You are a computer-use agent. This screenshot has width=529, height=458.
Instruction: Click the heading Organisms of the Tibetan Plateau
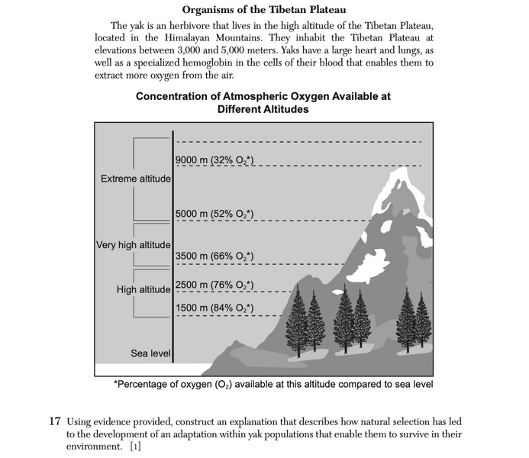[x=264, y=10]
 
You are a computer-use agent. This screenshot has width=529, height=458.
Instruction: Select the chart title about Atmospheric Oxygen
[x=263, y=103]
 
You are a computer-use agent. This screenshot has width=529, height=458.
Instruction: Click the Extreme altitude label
[x=136, y=179]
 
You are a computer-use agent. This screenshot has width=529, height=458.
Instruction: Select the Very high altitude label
[x=134, y=245]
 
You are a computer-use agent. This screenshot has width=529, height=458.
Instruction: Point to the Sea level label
[x=150, y=353]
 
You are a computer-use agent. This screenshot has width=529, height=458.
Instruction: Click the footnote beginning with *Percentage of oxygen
[x=273, y=384]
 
